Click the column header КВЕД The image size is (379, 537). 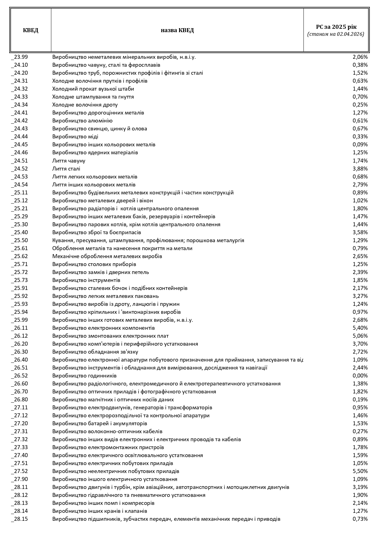31,30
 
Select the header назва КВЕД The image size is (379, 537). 177,30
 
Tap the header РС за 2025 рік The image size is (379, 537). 336,27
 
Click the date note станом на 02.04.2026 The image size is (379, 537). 336,34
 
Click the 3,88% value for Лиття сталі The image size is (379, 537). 360,169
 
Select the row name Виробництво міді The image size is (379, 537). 75,137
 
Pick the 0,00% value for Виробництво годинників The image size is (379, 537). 360,376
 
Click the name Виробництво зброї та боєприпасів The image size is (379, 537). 97,232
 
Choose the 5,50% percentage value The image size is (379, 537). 360,471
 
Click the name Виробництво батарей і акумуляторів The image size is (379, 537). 100,423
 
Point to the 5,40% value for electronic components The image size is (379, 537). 360,328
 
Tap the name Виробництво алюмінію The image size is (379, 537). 82,121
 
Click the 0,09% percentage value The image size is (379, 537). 360,145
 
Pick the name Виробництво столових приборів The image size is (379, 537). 94,264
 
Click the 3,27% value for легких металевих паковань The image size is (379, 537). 360,296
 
